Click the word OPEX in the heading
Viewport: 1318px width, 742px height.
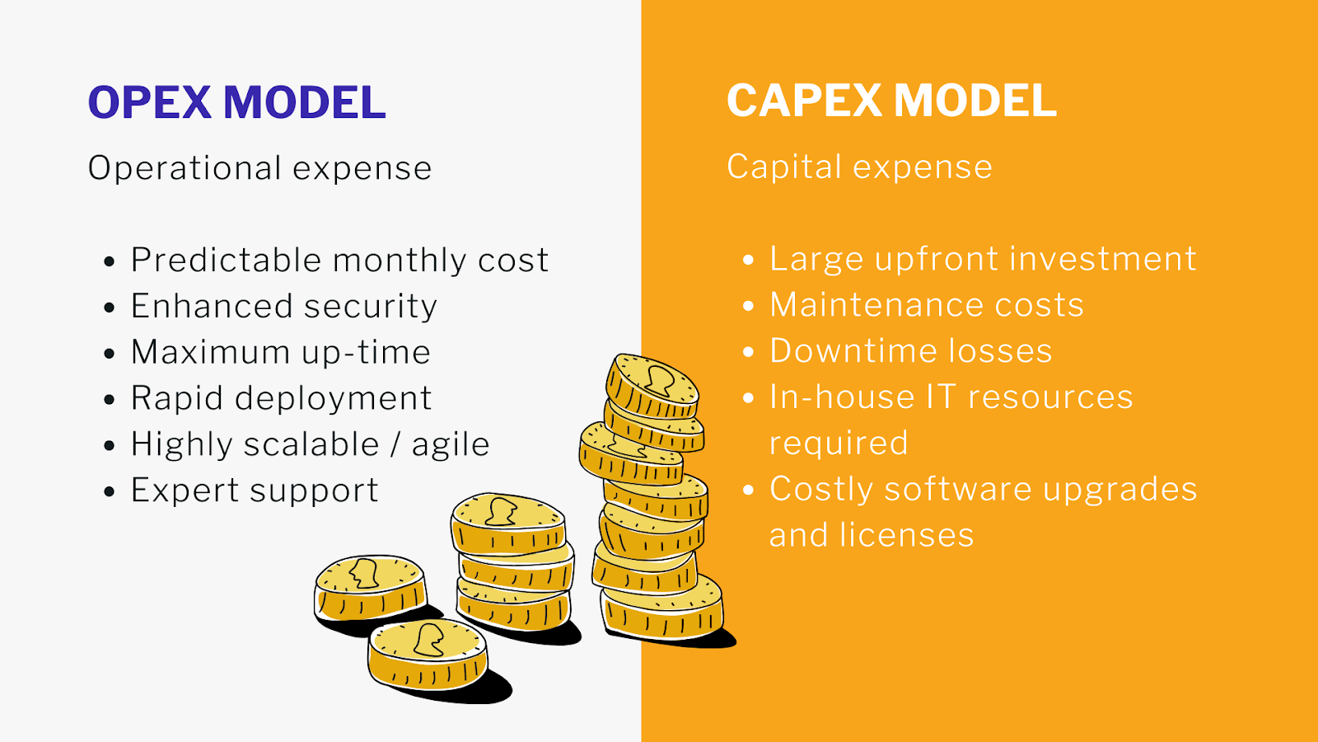point(149,102)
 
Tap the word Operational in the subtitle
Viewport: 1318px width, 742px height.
point(185,169)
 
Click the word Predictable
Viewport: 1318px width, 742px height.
point(226,260)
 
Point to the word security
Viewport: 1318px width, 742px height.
point(371,307)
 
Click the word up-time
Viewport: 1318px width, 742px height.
point(366,353)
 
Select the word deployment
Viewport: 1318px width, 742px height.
point(334,399)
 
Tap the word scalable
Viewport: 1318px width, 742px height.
point(311,444)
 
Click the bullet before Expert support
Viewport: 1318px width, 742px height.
point(109,491)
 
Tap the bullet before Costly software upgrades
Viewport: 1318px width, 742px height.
point(748,490)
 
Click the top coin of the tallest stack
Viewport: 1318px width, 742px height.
point(652,386)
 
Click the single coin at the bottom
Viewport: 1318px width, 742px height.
point(428,654)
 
